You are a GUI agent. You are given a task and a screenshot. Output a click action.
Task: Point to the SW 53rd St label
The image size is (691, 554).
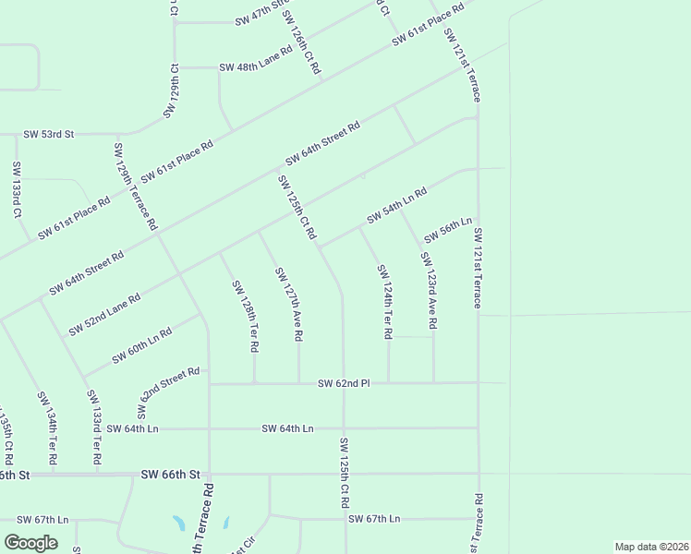pos(48,135)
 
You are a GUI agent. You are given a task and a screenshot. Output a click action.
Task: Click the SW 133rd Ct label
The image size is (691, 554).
pos(17,189)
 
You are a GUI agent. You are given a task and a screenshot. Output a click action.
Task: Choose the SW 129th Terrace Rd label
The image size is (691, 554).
pos(135,187)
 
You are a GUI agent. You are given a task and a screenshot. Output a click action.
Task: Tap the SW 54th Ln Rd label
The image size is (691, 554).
pos(396,206)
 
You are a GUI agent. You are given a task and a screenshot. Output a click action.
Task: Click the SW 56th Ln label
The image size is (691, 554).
pos(448,227)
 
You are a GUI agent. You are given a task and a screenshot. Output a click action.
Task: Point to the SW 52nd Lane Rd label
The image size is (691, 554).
pos(104,315)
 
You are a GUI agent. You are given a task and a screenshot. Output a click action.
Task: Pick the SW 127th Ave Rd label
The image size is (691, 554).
pos(288,305)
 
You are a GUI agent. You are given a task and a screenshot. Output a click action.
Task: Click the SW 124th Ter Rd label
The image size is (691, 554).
pos(385,301)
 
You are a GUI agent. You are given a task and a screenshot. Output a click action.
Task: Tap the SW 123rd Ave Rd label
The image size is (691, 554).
pos(429,291)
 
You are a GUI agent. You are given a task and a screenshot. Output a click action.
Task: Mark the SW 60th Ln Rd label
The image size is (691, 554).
pos(142,345)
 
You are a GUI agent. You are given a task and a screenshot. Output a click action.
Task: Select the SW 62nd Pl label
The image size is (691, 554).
pos(344,383)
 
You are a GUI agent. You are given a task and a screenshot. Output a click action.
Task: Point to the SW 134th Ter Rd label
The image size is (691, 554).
pos(47,428)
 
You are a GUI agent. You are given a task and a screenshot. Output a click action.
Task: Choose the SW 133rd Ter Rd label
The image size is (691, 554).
pos(92,427)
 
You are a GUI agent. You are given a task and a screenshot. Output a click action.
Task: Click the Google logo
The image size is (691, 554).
pos(30,543)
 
